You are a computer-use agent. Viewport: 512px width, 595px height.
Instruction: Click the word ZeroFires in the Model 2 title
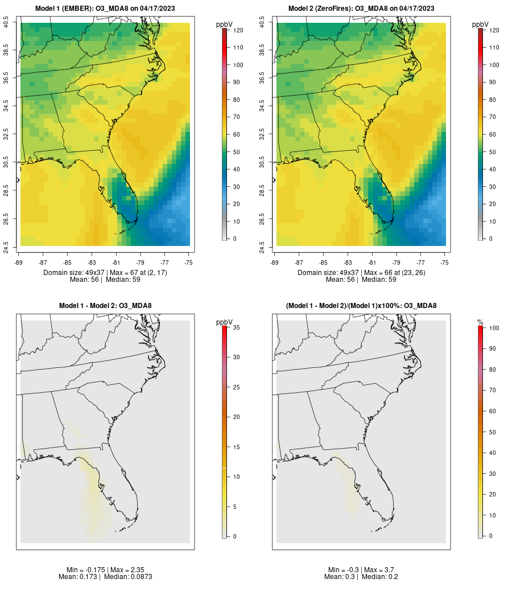334,9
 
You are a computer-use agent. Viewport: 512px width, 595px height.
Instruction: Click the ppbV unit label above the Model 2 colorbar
481,24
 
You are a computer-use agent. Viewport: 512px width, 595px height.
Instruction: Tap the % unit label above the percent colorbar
480,322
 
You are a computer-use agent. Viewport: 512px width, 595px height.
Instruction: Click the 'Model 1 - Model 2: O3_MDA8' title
105,306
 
